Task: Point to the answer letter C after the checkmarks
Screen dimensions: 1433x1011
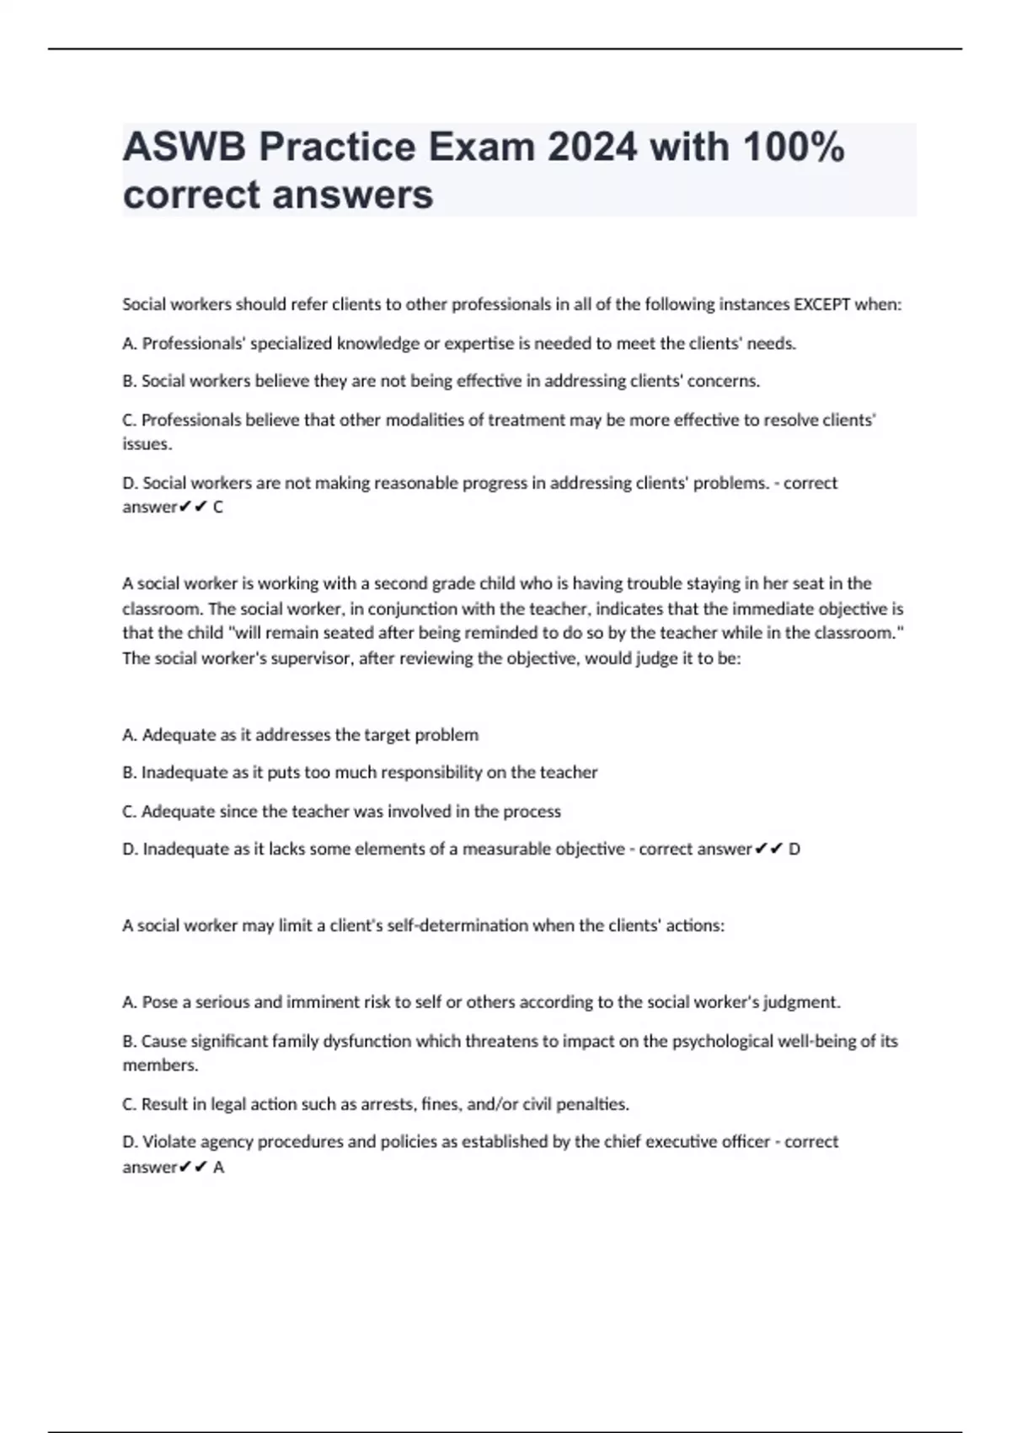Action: click(218, 507)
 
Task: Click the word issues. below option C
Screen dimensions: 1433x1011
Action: click(147, 444)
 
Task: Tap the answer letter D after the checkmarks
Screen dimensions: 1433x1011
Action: click(794, 849)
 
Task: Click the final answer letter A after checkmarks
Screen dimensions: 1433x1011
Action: click(219, 1167)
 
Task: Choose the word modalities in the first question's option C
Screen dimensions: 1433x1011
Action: click(426, 420)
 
